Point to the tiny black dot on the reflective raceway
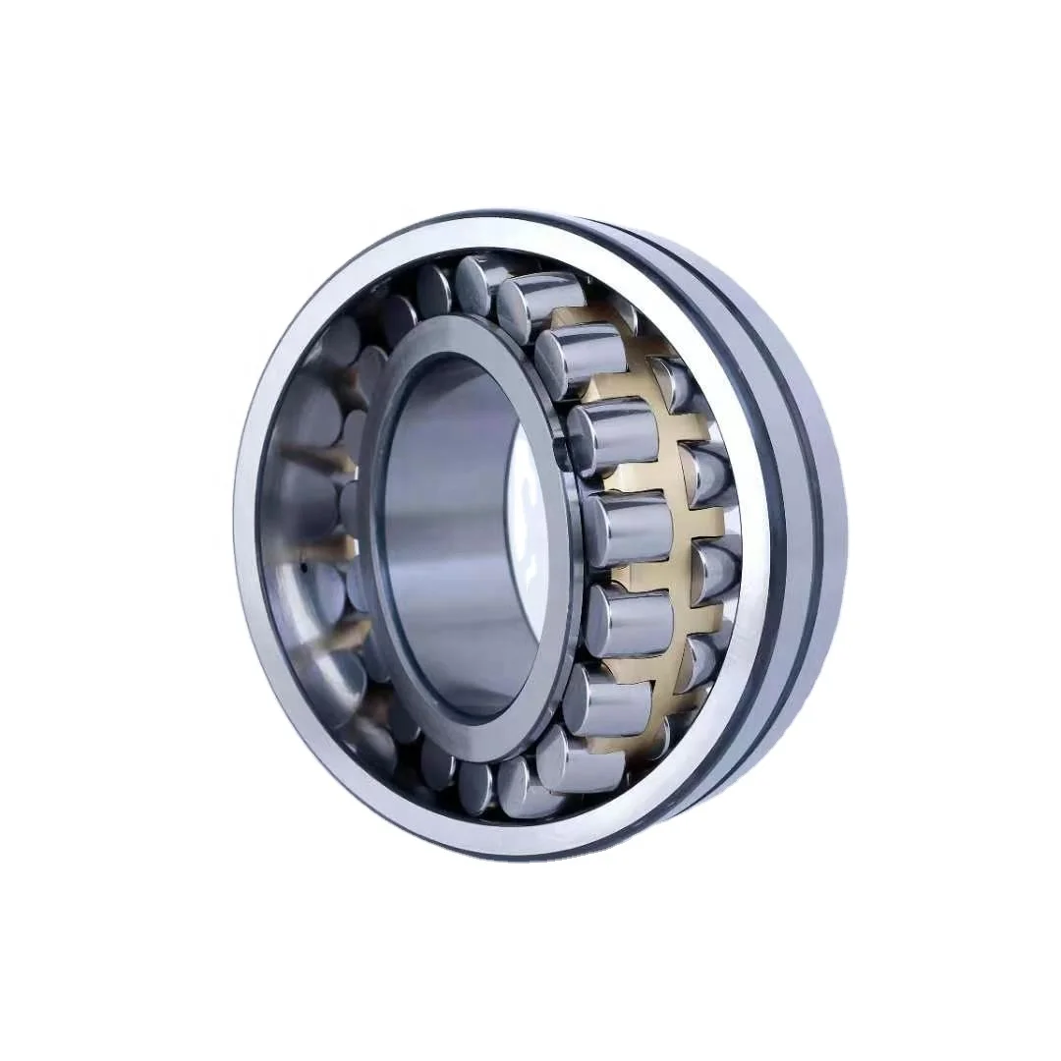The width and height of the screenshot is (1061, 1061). (x=306, y=568)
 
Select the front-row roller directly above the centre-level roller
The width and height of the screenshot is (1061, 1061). (x=614, y=437)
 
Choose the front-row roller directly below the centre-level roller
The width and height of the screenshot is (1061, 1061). (x=629, y=621)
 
